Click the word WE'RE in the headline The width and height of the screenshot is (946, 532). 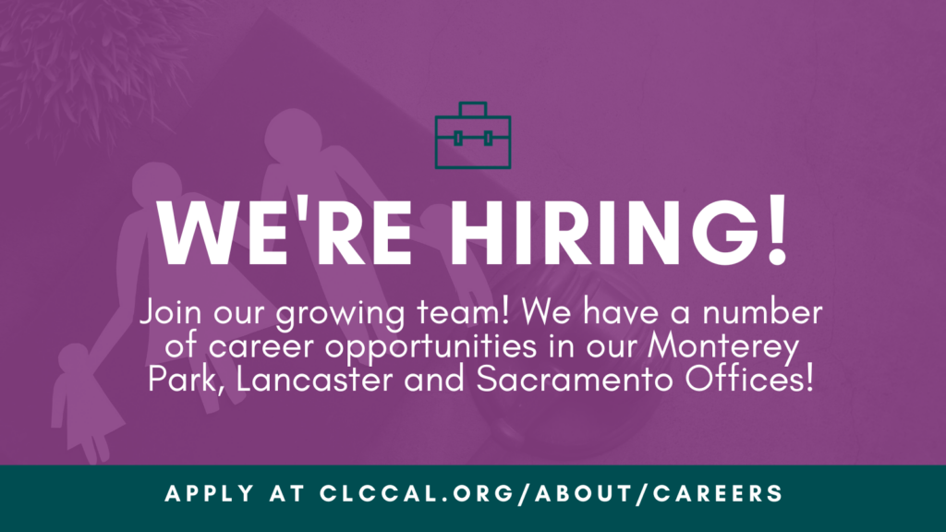(284, 232)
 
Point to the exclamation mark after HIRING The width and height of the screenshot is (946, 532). (778, 230)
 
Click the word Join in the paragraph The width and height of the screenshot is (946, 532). (171, 313)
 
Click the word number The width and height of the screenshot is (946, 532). (762, 312)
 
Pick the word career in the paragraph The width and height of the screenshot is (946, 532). (261, 347)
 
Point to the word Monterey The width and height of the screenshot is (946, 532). (723, 348)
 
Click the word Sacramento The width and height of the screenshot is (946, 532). (575, 380)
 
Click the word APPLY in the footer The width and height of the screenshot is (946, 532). (210, 493)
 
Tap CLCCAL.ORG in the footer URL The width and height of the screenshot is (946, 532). (417, 493)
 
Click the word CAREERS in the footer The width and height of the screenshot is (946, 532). (718, 493)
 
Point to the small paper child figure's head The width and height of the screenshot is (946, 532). (74, 358)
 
